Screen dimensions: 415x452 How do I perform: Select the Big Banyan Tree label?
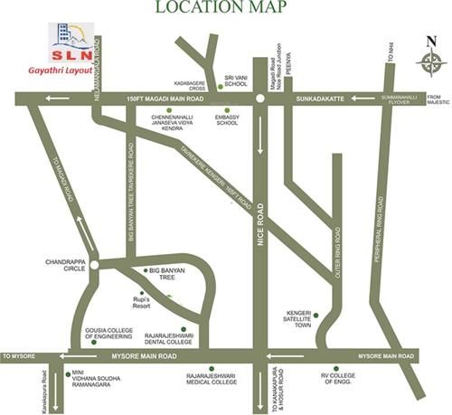coord(166,275)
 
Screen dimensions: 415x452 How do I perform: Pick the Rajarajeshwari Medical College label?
coord(211,377)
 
